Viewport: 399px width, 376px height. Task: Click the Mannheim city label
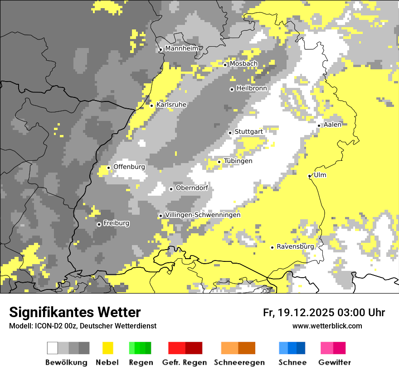(x=181, y=48)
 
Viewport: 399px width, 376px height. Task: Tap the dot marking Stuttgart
(x=230, y=133)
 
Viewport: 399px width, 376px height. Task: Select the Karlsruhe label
(x=171, y=105)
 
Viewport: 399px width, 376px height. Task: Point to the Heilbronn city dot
(x=232, y=89)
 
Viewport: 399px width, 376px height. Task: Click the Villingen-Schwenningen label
(x=203, y=215)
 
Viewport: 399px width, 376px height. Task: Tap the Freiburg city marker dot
(x=99, y=224)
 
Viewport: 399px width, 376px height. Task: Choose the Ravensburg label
(x=295, y=247)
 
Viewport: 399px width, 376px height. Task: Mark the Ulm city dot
(x=310, y=176)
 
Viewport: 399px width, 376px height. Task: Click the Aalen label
(x=332, y=125)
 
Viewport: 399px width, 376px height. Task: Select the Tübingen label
(x=238, y=161)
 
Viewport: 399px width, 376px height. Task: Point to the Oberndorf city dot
(x=171, y=189)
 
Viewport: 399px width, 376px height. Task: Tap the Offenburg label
(x=129, y=167)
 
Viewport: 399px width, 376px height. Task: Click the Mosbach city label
(x=243, y=64)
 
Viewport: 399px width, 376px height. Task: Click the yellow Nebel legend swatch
(x=108, y=348)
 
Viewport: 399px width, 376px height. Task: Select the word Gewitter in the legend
(x=334, y=362)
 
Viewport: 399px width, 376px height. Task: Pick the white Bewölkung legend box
(x=53, y=348)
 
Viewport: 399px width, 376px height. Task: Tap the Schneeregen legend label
(x=239, y=362)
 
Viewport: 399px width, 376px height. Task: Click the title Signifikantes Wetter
(x=75, y=312)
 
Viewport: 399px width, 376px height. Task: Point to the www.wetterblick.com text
(x=327, y=326)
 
